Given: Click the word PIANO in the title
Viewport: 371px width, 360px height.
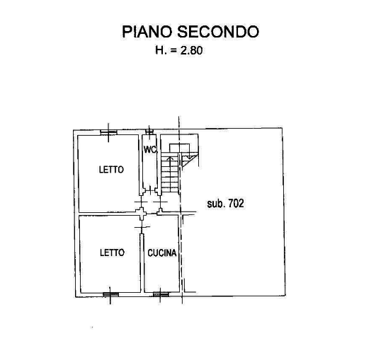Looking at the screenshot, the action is pos(147,32).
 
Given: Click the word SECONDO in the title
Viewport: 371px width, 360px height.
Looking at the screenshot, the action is pos(218,32).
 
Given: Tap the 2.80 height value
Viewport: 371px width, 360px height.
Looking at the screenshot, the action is pos(192,50).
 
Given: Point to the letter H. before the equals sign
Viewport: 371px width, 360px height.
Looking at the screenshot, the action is pos(161,50).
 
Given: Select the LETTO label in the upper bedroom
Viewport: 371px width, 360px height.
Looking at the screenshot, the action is pos(111,170).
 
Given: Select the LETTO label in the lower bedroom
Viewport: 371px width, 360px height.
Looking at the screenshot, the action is pos(112,252).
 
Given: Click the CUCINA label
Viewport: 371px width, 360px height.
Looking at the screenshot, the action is pos(162,253).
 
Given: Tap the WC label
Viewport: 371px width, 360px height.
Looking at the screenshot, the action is pos(150,150).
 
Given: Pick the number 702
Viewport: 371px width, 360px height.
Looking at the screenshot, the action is pos(235,203).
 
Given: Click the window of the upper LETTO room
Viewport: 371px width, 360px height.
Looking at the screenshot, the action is pos(108,132).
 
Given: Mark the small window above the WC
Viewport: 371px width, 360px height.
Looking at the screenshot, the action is pos(149,132).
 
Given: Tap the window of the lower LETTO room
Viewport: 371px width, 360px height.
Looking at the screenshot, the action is pos(110,294).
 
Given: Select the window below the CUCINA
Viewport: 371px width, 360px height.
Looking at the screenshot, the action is pos(161,294).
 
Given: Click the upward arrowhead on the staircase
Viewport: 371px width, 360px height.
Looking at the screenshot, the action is pos(170,158).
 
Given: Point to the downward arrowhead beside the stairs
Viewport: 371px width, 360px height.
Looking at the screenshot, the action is pos(189,157).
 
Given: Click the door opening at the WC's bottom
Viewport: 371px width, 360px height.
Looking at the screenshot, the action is pos(149,190).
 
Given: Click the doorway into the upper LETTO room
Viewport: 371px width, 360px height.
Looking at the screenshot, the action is pos(142,202).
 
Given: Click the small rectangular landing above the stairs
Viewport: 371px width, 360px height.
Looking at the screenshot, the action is pos(179,148).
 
